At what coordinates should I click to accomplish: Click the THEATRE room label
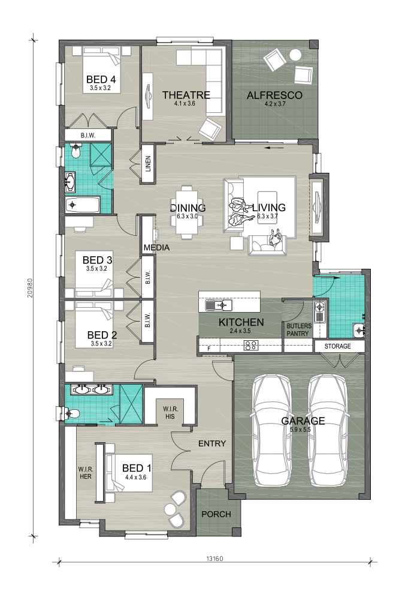(186, 95)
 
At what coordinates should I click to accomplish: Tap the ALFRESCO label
(274, 95)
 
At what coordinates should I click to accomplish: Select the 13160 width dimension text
(215, 558)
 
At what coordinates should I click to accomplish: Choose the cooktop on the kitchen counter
(250, 346)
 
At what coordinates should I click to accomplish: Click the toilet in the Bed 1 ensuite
(70, 413)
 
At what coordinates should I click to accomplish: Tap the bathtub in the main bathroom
(83, 205)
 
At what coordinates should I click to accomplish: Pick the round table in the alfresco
(295, 55)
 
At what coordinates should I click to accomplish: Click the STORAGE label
(337, 346)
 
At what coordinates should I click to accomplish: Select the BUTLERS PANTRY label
(298, 330)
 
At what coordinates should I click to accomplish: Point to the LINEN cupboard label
(148, 163)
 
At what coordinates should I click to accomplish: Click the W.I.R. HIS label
(171, 413)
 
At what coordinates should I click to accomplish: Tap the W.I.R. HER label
(86, 473)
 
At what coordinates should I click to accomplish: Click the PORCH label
(216, 514)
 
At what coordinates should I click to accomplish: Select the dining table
(187, 212)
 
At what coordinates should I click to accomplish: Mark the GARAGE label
(303, 421)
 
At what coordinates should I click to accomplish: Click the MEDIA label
(157, 248)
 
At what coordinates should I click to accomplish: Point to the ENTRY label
(212, 443)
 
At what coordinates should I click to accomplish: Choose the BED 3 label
(97, 260)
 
